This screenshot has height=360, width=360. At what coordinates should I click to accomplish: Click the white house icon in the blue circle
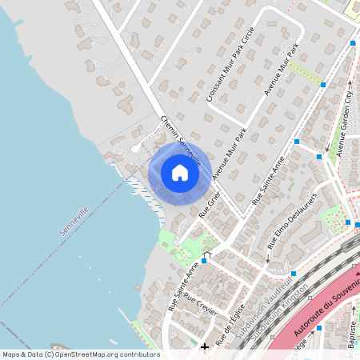(180, 173)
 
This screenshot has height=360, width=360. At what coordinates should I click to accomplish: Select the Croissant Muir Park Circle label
(230, 63)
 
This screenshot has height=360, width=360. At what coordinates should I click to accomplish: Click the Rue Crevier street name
(200, 306)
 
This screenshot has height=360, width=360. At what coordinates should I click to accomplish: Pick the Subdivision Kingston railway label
(284, 316)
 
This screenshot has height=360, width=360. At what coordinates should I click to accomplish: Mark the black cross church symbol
(205, 346)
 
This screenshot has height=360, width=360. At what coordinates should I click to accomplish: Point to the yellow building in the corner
(353, 7)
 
